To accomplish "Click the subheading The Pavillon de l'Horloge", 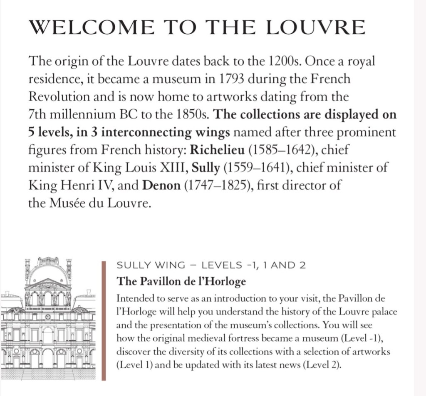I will (x=181, y=281).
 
